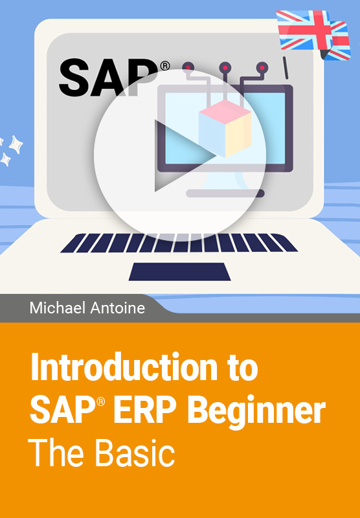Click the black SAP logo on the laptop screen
pyautogui.click(x=108, y=77)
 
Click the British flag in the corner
pyautogui.click(x=313, y=35)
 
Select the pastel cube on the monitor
pyautogui.click(x=225, y=128)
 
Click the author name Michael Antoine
pyautogui.click(x=87, y=308)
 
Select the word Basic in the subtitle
pyautogui.click(x=135, y=453)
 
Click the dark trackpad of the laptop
pyautogui.click(x=179, y=271)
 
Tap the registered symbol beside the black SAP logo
pyautogui.click(x=165, y=66)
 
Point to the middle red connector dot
pyautogui.click(x=225, y=68)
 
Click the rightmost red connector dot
pyautogui.click(x=262, y=68)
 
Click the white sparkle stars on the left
pyautogui.click(x=10, y=150)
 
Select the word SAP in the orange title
pyautogui.click(x=64, y=410)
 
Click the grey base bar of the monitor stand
pyautogui.click(x=225, y=193)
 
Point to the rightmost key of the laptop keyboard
pyautogui.click(x=284, y=243)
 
